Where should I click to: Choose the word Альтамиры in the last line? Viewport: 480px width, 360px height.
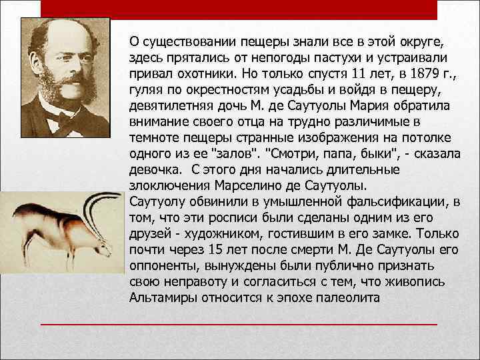[162, 297]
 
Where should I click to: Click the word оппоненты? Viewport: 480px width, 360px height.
[160, 265]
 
